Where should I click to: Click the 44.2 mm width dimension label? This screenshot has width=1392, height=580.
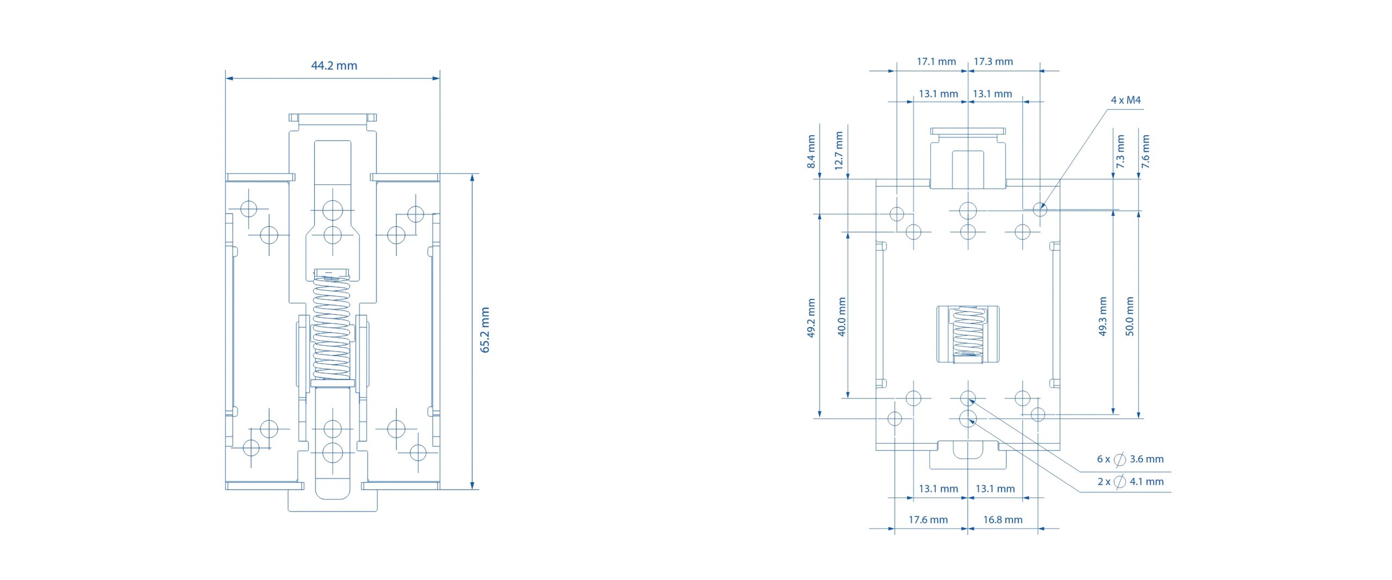[x=334, y=66]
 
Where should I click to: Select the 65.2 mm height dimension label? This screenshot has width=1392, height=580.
[x=485, y=330]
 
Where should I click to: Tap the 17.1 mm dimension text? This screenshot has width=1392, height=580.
[x=936, y=61]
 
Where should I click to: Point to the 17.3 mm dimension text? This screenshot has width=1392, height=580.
[x=993, y=61]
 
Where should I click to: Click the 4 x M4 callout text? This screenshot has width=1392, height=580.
[x=1126, y=100]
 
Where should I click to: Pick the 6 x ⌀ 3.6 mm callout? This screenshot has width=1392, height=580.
[x=1130, y=459]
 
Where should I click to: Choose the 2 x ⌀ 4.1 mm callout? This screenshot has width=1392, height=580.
[x=1130, y=482]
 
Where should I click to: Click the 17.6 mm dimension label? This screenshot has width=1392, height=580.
[x=928, y=520]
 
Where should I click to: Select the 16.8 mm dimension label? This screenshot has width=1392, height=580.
[x=1003, y=520]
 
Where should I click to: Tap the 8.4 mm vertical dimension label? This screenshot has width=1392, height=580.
[x=811, y=152]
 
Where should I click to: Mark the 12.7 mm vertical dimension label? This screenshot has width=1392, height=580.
[x=838, y=151]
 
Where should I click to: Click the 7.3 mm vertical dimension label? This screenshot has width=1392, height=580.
[x=1120, y=152]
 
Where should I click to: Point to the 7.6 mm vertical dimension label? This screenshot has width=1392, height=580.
[x=1146, y=152]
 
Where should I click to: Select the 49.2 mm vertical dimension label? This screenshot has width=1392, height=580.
[x=811, y=318]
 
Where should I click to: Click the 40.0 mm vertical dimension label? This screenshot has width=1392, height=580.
[x=842, y=317]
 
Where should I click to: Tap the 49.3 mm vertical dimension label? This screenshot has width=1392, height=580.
[x=1103, y=316]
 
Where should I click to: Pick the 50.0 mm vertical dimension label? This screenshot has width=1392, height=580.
[x=1130, y=316]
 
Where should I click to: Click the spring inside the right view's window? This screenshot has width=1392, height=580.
[x=968, y=333]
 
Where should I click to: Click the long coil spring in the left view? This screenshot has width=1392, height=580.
[x=332, y=326]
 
